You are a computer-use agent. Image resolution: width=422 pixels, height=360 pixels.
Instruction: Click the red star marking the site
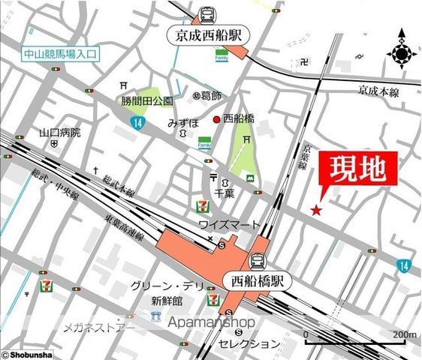point(317,211)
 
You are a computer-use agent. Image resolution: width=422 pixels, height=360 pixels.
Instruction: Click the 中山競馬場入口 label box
point(61,54)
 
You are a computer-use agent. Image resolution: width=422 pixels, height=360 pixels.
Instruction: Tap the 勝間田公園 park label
point(147,100)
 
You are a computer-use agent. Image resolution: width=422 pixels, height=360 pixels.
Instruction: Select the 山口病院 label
point(60,133)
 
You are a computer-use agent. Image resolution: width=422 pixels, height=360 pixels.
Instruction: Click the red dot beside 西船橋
point(216,119)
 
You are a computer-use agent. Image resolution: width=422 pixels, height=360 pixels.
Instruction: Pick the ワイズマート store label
point(229,225)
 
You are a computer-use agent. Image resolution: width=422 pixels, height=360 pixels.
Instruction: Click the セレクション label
point(249,343)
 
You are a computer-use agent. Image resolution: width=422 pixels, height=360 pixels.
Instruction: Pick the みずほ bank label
point(182,122)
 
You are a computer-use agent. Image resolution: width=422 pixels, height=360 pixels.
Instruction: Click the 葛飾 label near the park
point(209,95)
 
